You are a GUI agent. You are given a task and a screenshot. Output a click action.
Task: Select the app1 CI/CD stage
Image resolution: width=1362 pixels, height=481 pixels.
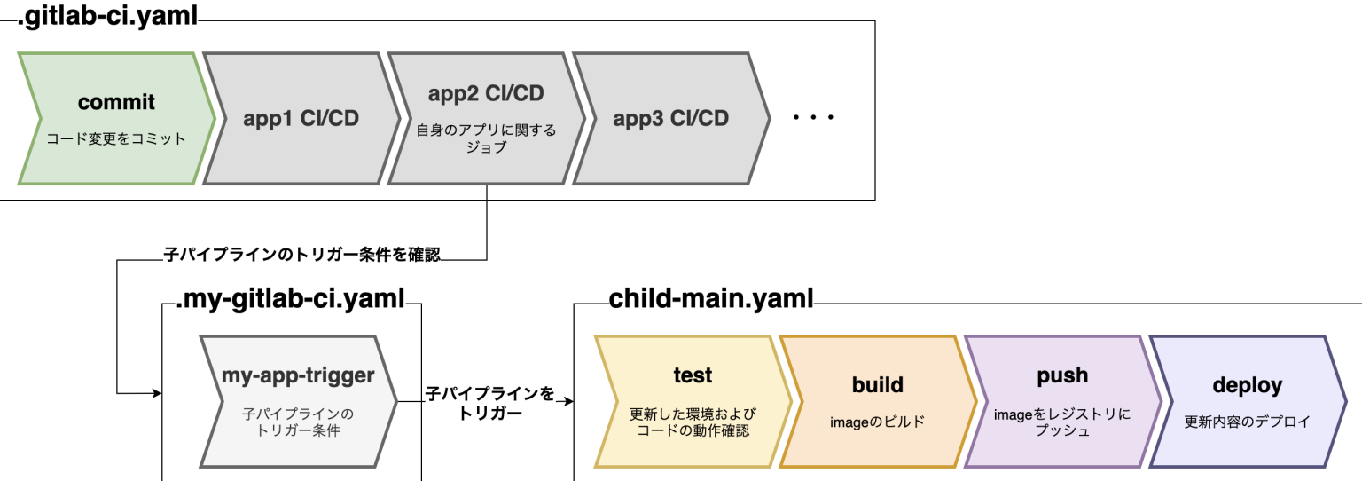tap(301, 118)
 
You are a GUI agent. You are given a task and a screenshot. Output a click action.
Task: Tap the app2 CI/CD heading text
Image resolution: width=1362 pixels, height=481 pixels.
tap(485, 93)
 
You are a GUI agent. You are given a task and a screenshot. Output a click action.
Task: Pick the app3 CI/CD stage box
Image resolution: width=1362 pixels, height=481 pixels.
tap(670, 118)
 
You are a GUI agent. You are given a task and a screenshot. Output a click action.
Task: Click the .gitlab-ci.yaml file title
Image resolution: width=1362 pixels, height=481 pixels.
tap(107, 16)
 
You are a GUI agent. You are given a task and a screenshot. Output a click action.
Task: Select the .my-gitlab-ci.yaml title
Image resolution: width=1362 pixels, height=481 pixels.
tap(290, 299)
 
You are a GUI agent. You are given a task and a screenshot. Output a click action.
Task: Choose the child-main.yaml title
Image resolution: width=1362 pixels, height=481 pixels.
tap(710, 299)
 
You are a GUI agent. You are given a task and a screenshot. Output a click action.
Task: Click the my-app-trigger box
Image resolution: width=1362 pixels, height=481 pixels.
tap(297, 401)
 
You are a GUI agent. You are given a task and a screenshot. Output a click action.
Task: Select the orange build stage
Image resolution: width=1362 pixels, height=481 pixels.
tap(877, 401)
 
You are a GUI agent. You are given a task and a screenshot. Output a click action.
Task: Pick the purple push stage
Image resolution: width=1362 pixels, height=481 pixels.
tap(1061, 401)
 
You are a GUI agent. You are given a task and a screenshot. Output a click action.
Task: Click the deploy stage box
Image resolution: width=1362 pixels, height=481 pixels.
tap(1247, 401)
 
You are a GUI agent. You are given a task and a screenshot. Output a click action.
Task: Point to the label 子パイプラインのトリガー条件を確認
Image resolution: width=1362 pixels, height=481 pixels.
tap(301, 255)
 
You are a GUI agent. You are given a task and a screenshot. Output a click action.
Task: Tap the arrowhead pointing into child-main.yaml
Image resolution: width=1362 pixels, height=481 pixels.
tap(568, 402)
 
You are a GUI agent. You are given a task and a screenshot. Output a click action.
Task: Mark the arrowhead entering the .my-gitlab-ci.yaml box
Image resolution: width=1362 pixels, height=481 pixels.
tap(157, 393)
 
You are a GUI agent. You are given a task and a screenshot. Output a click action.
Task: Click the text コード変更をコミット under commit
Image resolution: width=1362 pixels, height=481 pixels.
tap(116, 139)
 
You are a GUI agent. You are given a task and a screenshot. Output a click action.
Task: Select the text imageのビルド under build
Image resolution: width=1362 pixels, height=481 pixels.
tap(877, 422)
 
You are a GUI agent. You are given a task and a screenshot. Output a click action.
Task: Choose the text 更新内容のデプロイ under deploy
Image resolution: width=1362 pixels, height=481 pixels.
tap(1247, 422)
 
